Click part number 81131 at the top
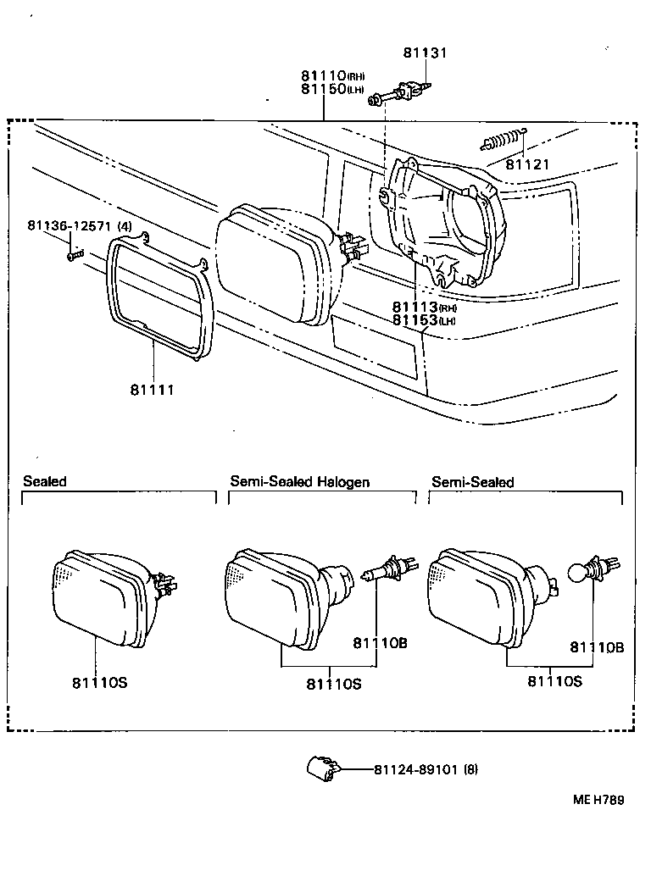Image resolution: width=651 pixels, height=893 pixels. [x=425, y=53]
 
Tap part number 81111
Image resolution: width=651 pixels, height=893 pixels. [x=152, y=389]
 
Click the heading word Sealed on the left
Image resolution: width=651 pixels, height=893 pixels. [x=45, y=481]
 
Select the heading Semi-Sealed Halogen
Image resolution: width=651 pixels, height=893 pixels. [x=299, y=481]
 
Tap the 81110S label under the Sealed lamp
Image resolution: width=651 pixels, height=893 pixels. [x=99, y=682]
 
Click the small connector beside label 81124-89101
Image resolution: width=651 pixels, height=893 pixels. [x=323, y=768]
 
